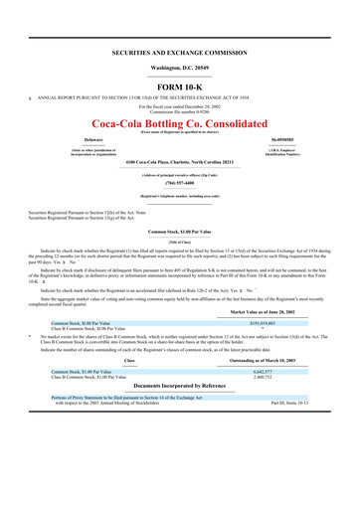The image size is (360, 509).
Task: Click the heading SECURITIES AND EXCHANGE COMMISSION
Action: click(180, 50)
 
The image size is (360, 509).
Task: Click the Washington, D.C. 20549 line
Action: click(180, 67)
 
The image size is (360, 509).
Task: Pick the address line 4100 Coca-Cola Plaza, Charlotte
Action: click(180, 161)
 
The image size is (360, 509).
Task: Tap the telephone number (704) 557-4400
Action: click(180, 184)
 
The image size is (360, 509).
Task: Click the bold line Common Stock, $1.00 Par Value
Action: click(180, 231)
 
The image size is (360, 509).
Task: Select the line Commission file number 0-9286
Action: click(180, 109)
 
